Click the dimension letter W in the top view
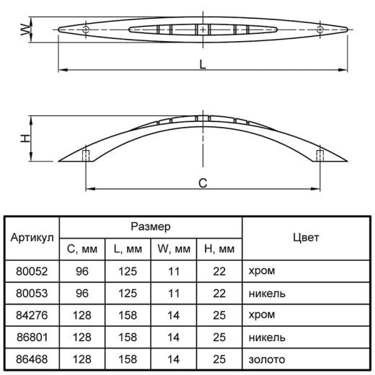[x=25, y=30]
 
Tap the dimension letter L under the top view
[x=203, y=64]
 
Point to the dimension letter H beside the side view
[x=25, y=138]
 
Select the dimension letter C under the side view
[x=203, y=183]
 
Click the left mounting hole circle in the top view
[x=86, y=30]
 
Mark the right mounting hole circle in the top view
[x=320, y=30]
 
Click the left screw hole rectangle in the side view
[x=86, y=156]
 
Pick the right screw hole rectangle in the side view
[x=320, y=156]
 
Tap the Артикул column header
[x=32, y=238]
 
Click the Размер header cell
[x=151, y=226]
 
